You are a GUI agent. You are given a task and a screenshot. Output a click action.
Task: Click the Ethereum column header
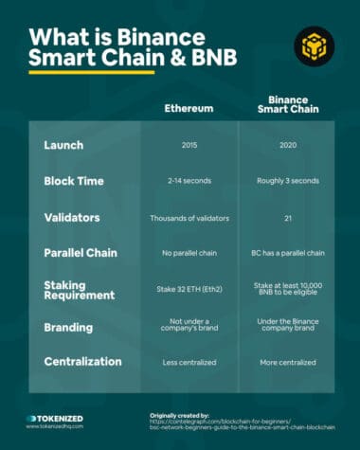(189, 108)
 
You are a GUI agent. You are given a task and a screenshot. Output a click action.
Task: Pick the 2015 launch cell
(189, 145)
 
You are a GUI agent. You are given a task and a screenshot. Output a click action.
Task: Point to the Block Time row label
(79, 180)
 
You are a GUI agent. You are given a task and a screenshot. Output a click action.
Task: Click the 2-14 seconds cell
(189, 180)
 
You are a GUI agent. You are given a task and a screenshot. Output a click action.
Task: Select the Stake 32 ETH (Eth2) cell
(189, 291)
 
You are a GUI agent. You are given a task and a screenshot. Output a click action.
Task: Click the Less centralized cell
(189, 362)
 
